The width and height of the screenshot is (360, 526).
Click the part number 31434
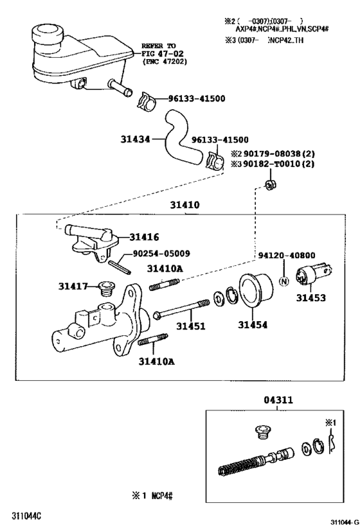coord(135,138)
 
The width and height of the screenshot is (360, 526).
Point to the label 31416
coord(144,237)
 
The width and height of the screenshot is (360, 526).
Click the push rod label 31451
coord(191,326)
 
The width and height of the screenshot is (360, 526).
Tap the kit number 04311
coord(278,399)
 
